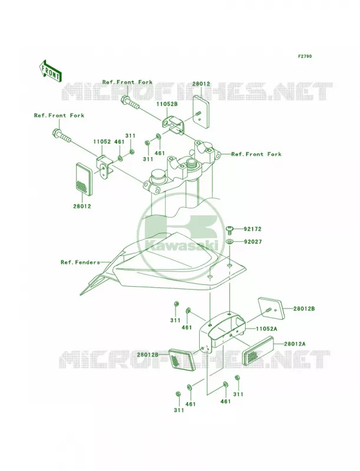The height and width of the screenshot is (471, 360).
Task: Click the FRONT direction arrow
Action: pyautogui.click(x=50, y=71)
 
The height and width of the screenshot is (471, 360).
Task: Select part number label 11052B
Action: pyautogui.click(x=167, y=104)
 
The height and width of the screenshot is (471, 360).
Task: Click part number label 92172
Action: pyautogui.click(x=252, y=229)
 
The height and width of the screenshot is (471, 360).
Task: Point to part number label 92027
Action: pyautogui.click(x=252, y=241)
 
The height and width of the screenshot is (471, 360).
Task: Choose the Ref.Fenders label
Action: pyautogui.click(x=80, y=262)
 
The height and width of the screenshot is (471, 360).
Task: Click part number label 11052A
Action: pyautogui.click(x=266, y=329)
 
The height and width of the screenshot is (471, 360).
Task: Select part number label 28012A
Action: pyautogui.click(x=295, y=344)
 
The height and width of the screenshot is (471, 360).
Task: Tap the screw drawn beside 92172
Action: pyautogui.click(x=230, y=230)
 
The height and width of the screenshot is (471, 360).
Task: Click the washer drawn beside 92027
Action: pyautogui.click(x=230, y=241)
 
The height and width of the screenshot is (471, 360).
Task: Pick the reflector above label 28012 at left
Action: pyautogui.click(x=84, y=178)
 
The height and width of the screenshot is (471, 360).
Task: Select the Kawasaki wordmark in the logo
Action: pyautogui.click(x=181, y=245)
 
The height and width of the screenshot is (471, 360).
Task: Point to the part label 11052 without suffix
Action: pyautogui.click(x=102, y=141)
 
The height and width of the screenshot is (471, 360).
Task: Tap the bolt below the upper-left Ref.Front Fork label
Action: pyautogui.click(x=62, y=135)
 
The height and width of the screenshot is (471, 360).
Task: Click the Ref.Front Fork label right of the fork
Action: pyautogui.click(x=256, y=154)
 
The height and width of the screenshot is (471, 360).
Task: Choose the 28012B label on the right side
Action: pyautogui.click(x=304, y=309)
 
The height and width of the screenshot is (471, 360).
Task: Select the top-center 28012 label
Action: pyautogui.click(x=201, y=84)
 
